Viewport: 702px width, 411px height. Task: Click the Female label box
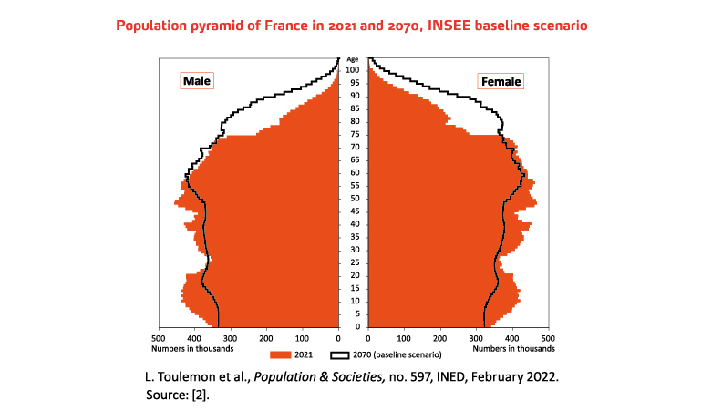click(501, 81)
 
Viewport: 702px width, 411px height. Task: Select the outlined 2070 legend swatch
click(340, 353)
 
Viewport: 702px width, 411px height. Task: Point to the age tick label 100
click(352, 70)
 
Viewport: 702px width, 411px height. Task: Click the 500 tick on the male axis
click(160, 335)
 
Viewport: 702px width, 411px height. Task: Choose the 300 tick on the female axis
click(476, 335)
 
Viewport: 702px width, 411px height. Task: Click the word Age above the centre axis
click(353, 59)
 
